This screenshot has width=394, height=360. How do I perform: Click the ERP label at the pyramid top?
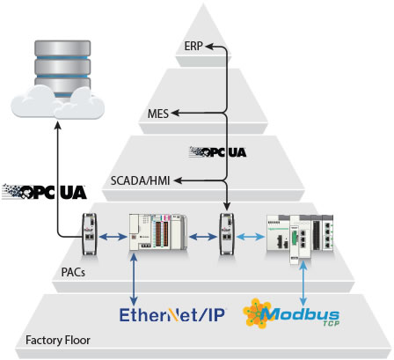pos(193,46)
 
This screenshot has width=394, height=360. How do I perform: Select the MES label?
pos(158,114)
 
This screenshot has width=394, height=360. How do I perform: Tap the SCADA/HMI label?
pos(140,180)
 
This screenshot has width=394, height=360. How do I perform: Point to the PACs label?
pos(73,272)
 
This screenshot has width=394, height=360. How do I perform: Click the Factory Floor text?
pos(58,340)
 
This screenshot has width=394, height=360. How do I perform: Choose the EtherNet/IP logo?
pos(172,315)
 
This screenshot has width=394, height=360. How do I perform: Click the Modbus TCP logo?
pos(291,313)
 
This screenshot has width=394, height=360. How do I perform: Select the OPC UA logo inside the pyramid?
pos(218,151)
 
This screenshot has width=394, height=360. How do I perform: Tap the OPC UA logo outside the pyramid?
pos(44,192)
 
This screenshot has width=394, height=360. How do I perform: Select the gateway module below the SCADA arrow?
pos(227,234)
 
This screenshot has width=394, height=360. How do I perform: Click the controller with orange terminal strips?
pos(158,232)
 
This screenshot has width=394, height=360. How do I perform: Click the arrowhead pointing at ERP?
pos(208,46)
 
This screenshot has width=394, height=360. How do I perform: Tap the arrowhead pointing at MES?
pos(175,113)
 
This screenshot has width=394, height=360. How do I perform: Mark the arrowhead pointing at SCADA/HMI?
pos(178,180)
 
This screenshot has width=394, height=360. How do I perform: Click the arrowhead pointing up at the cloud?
pos(58,125)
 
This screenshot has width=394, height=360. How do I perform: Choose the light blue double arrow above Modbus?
pos(303,283)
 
